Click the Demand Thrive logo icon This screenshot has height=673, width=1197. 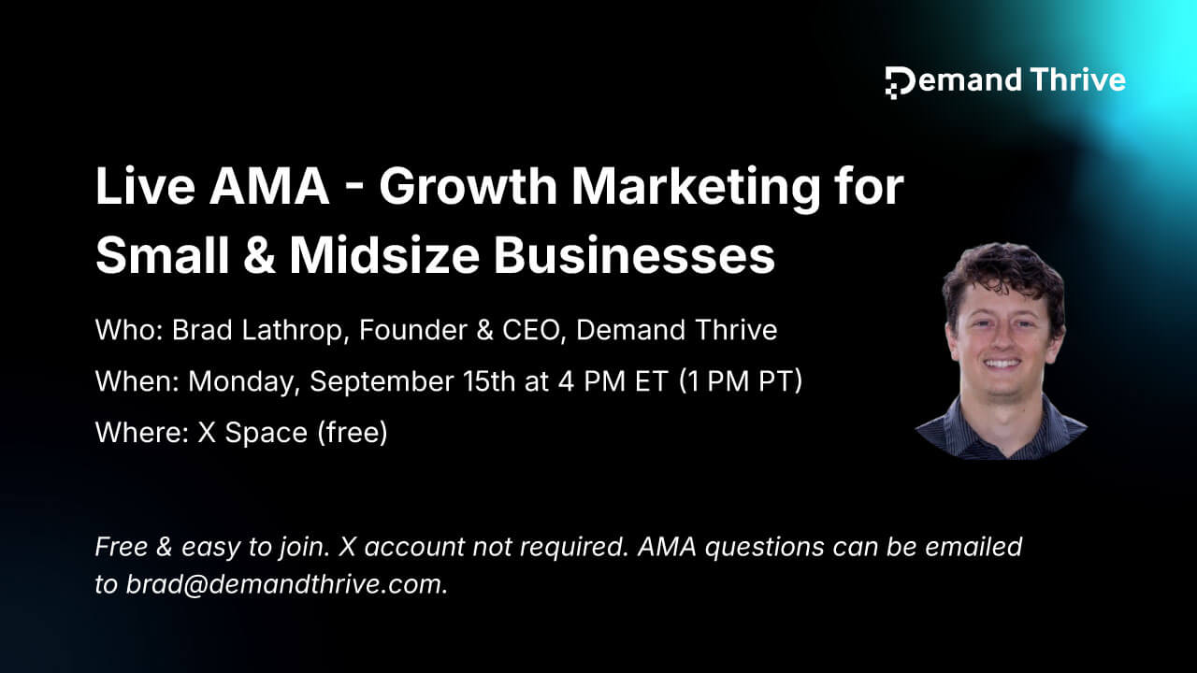[900, 83]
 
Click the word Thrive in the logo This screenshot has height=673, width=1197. [1078, 80]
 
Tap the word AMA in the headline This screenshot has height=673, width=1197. [268, 186]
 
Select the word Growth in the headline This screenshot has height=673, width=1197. [469, 188]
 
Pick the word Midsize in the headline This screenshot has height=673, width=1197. [384, 255]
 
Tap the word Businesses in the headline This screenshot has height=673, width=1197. [634, 255]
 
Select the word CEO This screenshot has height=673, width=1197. [533, 330]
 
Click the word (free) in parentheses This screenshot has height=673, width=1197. [353, 433]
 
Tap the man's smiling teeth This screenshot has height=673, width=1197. [1002, 365]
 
